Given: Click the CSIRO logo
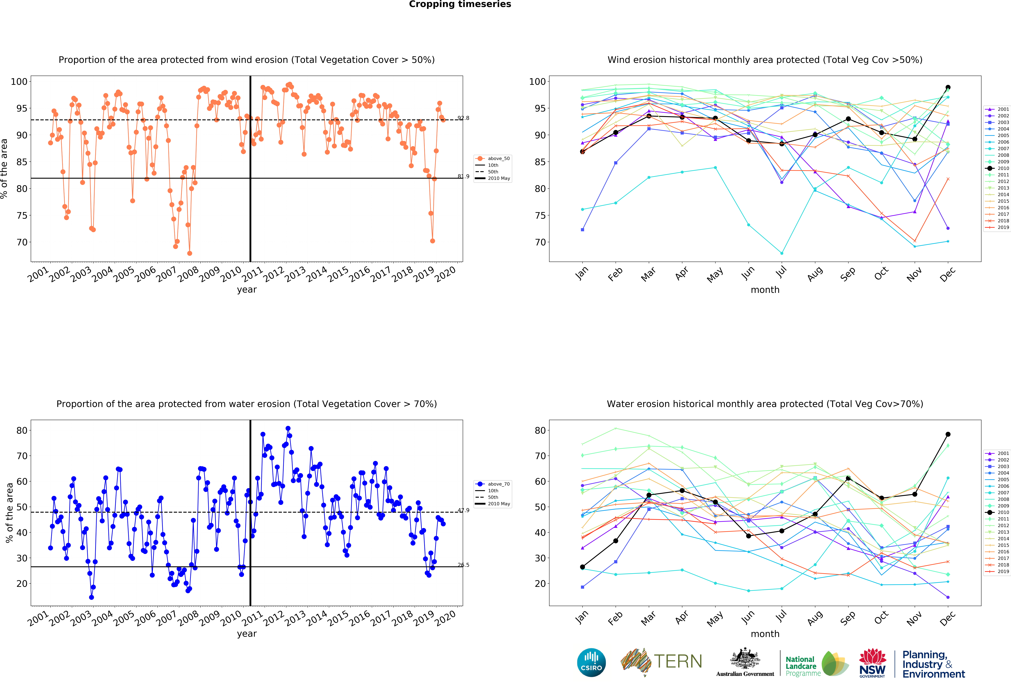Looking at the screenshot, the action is point(591,662).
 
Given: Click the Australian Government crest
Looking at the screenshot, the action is point(745,658).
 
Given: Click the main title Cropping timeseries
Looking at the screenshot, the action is point(460,4).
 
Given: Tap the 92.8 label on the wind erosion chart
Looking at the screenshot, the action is point(463,118).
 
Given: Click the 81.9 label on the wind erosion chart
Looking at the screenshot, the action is point(463,176).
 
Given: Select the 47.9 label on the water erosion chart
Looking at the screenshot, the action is point(463,510).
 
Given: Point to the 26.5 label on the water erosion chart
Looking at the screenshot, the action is point(463,565).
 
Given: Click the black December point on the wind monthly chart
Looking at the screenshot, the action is point(948,87).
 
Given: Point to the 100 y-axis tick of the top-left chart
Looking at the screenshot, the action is point(19,81).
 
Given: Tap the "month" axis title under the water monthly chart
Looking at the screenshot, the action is point(765,634).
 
